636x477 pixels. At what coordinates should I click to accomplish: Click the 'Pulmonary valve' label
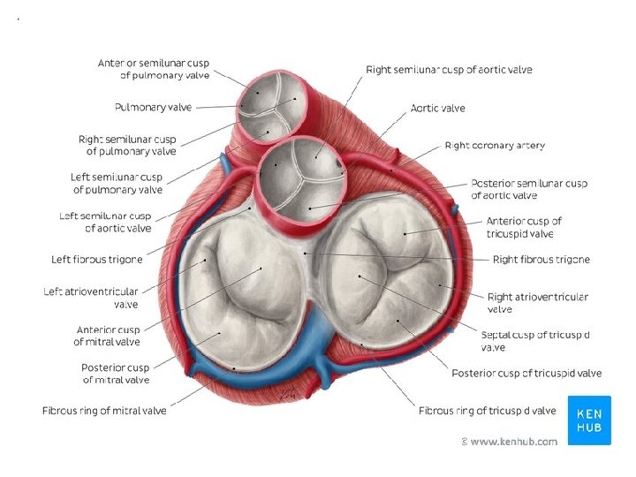pos(153,108)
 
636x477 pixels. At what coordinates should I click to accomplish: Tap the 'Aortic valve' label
pos(437,109)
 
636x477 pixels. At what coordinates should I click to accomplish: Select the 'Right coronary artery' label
pos(495,146)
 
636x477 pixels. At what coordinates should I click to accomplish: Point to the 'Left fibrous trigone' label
pos(96,259)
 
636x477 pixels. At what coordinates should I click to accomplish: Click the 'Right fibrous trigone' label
pos(541,260)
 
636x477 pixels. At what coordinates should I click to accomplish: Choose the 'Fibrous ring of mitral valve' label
pos(104,411)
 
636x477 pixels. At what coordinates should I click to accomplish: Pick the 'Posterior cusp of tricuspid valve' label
pos(526,374)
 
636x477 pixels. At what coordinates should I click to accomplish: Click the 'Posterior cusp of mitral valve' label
pos(115,374)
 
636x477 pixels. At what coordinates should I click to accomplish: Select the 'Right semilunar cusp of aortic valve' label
pos(449,70)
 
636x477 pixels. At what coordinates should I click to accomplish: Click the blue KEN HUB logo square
pos(588,420)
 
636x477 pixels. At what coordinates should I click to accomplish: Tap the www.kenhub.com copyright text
pos(509,441)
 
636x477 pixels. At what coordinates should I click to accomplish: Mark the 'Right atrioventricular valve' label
pos(537,303)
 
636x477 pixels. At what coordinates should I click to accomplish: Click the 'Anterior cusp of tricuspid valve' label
pos(524,227)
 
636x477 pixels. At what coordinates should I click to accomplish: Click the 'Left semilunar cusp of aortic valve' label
pos(105,222)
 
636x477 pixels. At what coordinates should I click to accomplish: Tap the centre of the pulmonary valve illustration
pos(274,108)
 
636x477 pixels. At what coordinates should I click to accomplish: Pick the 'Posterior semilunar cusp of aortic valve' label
pos(528,189)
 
